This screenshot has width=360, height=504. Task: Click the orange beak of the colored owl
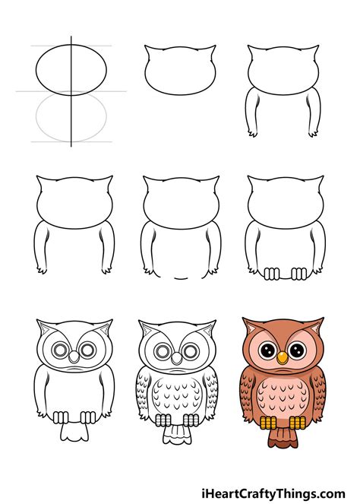click(x=283, y=357)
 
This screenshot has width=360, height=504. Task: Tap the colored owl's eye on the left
click(x=268, y=350)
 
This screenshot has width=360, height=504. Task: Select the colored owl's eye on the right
click(x=297, y=350)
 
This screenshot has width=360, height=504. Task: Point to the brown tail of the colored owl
click(x=283, y=437)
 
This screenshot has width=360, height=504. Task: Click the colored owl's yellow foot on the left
click(x=268, y=422)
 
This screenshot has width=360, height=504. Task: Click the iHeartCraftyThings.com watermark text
click(x=273, y=493)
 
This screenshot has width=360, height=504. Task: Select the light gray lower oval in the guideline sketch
click(x=71, y=141)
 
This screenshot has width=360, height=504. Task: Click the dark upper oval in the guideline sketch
click(x=71, y=45)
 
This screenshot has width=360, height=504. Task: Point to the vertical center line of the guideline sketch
click(x=71, y=91)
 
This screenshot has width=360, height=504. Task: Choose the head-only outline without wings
click(x=180, y=70)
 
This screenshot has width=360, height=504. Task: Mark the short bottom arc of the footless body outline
click(x=181, y=278)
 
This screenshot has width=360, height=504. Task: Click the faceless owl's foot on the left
click(x=271, y=274)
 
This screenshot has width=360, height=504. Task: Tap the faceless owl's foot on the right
click(x=299, y=274)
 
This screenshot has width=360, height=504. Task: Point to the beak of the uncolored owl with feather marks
click(x=176, y=358)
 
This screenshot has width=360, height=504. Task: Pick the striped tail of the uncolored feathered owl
click(x=177, y=434)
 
